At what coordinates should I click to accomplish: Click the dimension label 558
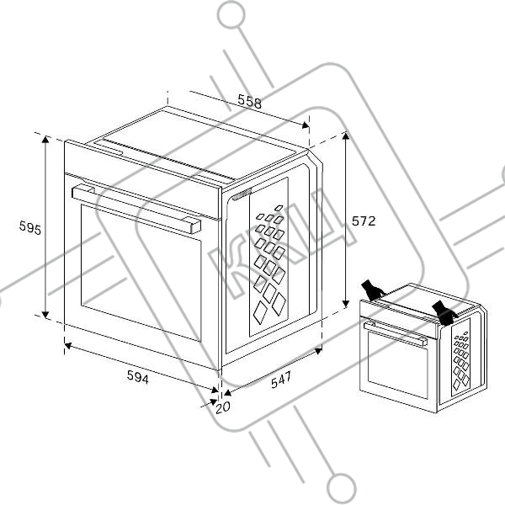pos(250,101)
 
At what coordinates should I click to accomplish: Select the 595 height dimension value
pos(30,228)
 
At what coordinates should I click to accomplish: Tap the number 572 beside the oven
pos(364,221)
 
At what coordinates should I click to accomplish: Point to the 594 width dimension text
pos(138,377)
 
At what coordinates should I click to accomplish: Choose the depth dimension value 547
pos(281,380)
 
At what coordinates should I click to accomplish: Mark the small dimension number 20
pos(223,407)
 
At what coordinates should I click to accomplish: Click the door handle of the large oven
pos(136,209)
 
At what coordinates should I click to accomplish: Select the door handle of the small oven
pos(396,334)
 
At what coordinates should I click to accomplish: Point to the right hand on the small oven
pos(444,313)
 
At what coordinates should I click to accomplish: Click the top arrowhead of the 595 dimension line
pos(45,139)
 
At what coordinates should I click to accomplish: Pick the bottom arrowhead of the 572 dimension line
pos(346,303)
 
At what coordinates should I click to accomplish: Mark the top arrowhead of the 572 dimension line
pos(346,136)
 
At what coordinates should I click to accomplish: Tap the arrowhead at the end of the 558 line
pos(305,125)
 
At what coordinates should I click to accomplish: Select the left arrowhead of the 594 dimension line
pos(68,346)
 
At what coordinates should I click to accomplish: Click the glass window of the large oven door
pos(141,273)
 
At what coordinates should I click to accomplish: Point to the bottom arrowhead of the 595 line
pos(45,315)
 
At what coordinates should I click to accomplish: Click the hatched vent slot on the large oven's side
pos(242,194)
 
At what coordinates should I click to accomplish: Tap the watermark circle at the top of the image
pos(231,14)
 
